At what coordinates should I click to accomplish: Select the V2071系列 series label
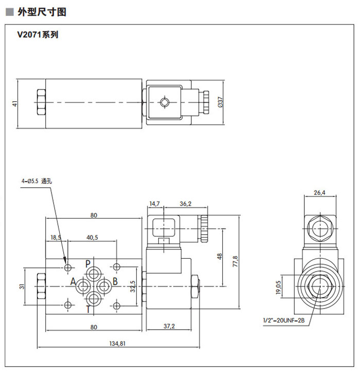point(39,35)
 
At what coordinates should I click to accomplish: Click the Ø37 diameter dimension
point(220,103)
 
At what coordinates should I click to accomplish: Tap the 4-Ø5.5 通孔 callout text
point(37,181)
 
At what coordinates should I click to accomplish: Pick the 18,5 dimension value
point(56,237)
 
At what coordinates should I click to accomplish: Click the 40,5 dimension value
point(93,237)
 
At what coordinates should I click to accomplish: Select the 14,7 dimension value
point(155,204)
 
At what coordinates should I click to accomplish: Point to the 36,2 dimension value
point(185,204)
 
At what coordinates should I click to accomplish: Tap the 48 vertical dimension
point(219,256)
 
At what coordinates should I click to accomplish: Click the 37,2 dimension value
point(169,327)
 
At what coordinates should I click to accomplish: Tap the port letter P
point(88,263)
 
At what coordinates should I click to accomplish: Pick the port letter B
point(115,281)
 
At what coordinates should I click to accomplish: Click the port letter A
point(73,282)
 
